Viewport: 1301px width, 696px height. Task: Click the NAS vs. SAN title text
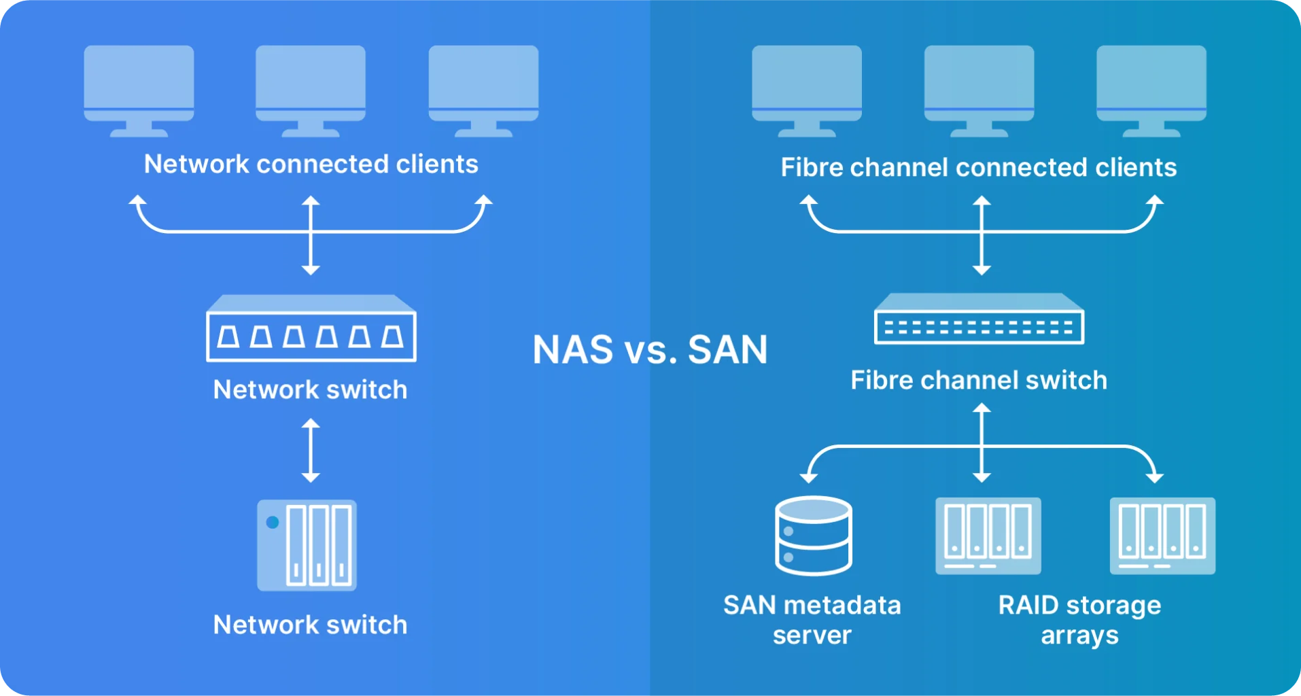tap(650, 350)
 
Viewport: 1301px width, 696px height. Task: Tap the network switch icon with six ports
tap(311, 329)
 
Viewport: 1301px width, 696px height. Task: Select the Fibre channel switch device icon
tap(979, 319)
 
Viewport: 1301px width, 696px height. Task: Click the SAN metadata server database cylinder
tap(813, 536)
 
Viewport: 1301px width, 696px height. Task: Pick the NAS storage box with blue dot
tap(307, 545)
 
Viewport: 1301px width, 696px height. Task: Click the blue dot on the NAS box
tap(273, 522)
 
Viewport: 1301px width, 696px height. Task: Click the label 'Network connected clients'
tap(311, 164)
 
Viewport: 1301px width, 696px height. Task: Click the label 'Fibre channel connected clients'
tap(978, 167)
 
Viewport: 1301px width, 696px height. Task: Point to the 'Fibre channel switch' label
tap(978, 380)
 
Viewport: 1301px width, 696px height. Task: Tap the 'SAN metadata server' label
tap(812, 619)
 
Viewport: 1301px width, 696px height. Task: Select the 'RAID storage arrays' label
tap(1079, 619)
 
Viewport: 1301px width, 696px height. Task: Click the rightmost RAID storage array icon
tap(1162, 536)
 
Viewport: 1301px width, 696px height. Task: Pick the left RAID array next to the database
tap(988, 536)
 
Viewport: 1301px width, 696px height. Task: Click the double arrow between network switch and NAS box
tap(311, 450)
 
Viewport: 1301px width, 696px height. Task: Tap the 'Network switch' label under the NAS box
tap(311, 625)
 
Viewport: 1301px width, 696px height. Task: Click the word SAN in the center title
tap(727, 350)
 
